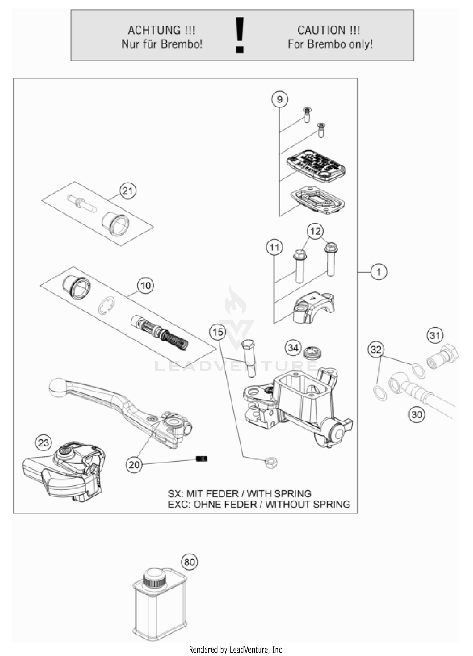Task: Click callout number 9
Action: tap(279, 100)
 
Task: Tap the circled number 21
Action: tap(128, 191)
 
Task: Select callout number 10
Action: tap(145, 286)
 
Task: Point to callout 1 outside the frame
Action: tap(378, 272)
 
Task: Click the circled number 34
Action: tap(293, 348)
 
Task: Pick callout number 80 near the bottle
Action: tap(189, 562)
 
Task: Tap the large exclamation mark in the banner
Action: tap(240, 35)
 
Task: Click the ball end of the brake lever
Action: tap(58, 387)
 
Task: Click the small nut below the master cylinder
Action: tap(271, 463)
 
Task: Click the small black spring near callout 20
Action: tap(201, 459)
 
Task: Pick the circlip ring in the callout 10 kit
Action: tap(106, 306)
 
